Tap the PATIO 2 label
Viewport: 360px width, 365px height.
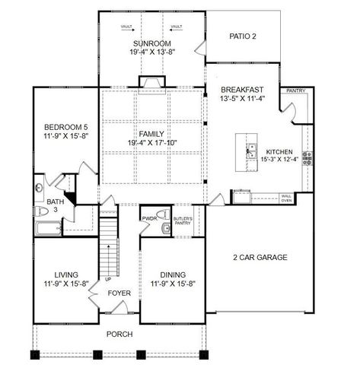[x=244, y=36]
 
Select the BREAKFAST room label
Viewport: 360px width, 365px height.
[x=242, y=90]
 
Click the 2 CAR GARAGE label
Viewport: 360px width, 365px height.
[x=260, y=258]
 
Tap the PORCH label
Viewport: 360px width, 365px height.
[x=119, y=334]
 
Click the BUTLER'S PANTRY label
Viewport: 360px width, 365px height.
[x=183, y=221]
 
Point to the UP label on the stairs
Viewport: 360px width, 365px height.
[x=97, y=279]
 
